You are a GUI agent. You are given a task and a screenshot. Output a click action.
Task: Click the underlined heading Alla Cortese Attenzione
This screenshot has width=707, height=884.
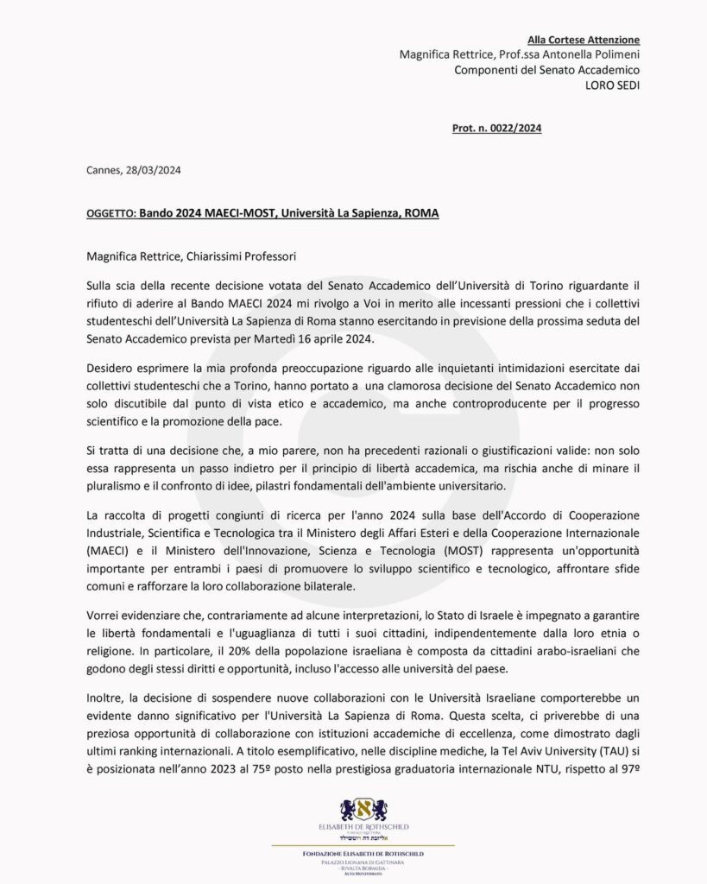point(584,40)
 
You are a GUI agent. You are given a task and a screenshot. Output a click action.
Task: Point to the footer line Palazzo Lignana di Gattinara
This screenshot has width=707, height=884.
point(363,862)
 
